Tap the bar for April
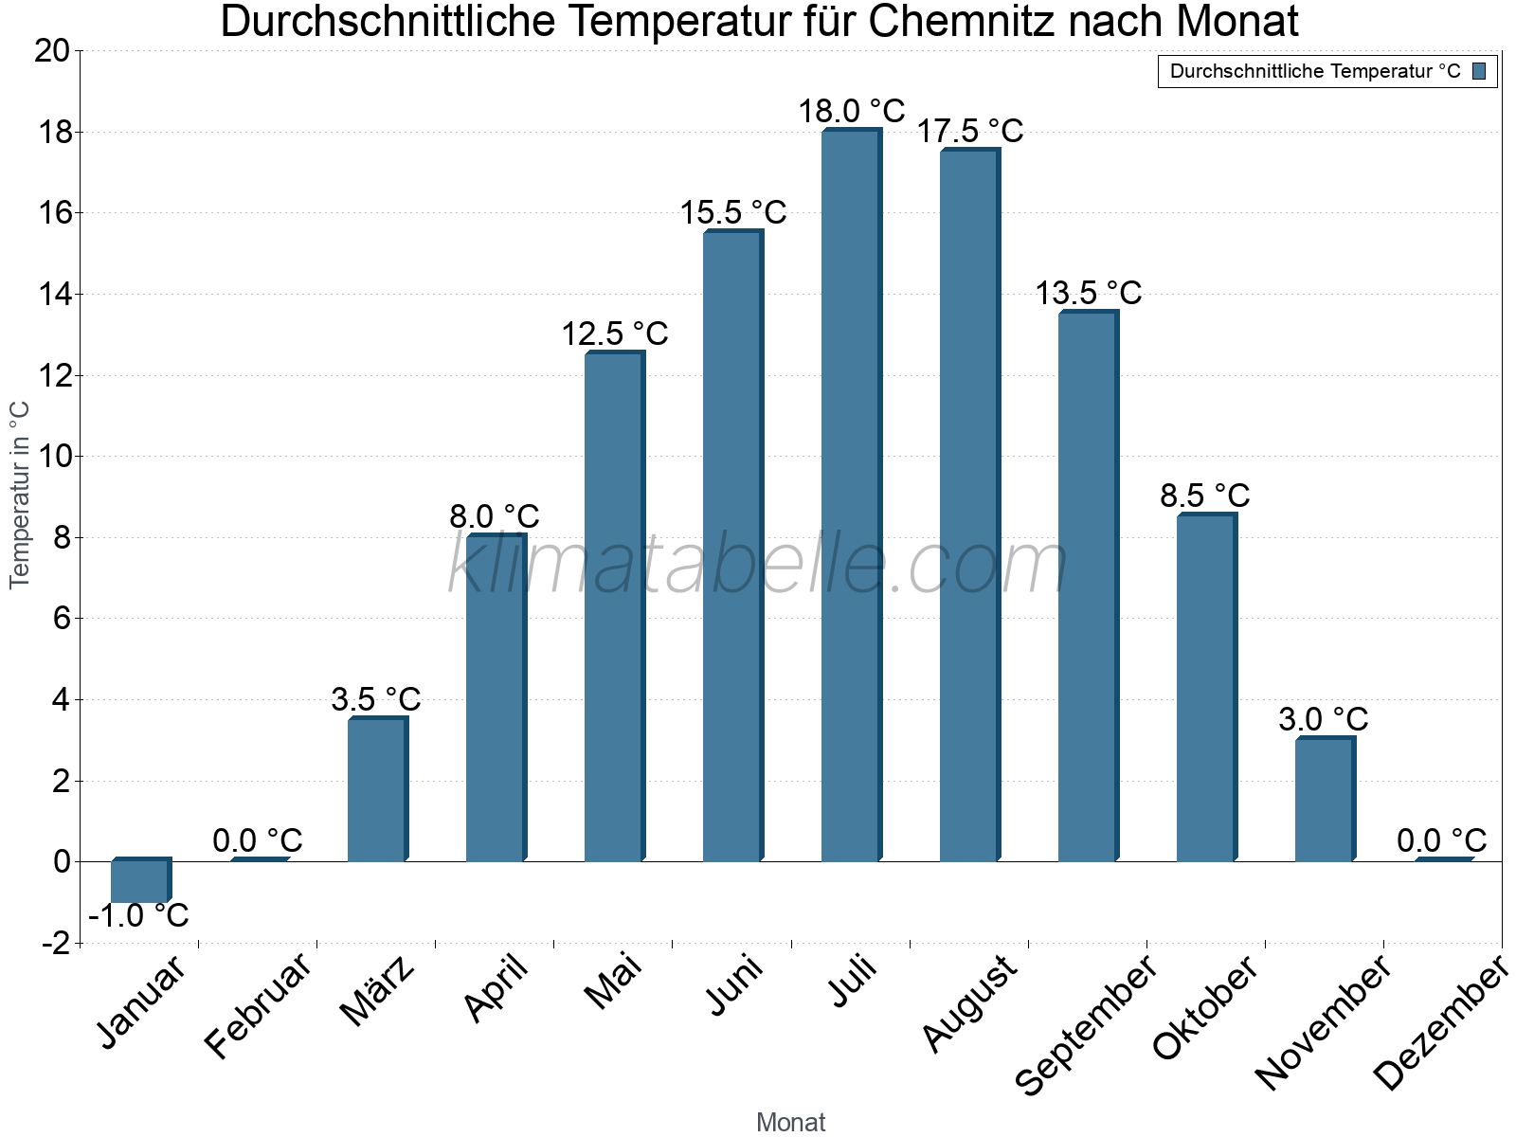tap(495, 698)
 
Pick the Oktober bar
tap(1205, 688)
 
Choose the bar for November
tap(1324, 800)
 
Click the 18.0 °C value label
tap(851, 111)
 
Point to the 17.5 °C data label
tap(969, 131)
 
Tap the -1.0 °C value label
tap(139, 916)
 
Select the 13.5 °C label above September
tap(1088, 293)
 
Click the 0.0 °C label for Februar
tap(258, 840)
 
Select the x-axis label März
tap(378, 990)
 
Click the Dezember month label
tap(1439, 1023)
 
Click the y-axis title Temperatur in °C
tap(20, 495)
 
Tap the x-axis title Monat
tap(790, 1123)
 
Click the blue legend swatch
tap(1479, 71)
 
